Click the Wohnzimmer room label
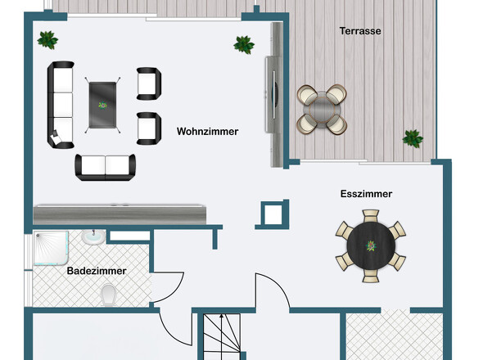point(207,132)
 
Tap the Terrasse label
point(360,31)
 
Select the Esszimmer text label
point(366,194)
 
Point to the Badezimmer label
point(97,271)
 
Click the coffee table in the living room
point(102,105)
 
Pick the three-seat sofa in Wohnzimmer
point(61,105)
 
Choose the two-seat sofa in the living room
point(105,167)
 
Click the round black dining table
point(371,245)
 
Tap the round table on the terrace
point(322,110)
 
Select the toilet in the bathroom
point(108,294)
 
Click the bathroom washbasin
point(93,236)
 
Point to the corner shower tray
point(51,248)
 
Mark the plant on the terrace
point(413,138)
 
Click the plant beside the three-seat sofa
point(47,40)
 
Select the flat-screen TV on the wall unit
point(274,95)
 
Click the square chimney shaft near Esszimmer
point(273,214)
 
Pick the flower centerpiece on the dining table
point(371,245)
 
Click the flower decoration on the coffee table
point(102,106)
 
